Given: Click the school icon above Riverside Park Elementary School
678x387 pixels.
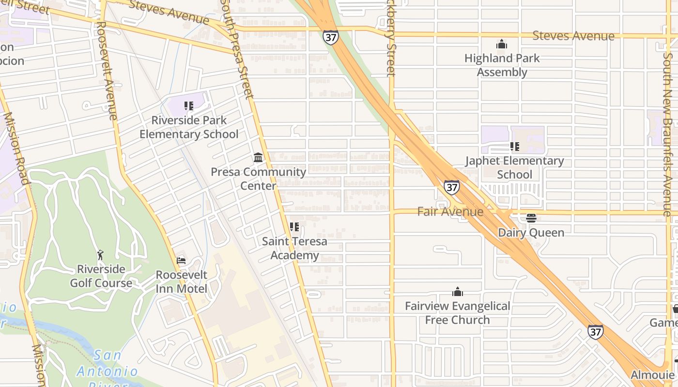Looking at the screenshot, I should coord(189,105).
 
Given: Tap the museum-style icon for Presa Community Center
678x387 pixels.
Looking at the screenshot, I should coord(258,158).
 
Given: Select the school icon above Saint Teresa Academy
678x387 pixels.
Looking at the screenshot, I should coord(294,226).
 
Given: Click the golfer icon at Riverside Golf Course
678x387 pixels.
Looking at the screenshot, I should coord(101,255).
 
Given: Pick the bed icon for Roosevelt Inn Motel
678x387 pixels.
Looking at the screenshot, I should coord(181,261).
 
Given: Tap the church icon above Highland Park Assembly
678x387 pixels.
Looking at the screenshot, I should coord(502,45).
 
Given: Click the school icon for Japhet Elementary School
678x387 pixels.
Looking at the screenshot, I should coord(514,146).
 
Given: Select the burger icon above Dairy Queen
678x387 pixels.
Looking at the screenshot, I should coord(531,218).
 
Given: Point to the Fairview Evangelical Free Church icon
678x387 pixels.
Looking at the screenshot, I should coord(458,292).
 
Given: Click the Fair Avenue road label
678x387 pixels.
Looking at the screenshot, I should coord(450,211).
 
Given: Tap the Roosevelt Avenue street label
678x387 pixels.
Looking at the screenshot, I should coord(107,70).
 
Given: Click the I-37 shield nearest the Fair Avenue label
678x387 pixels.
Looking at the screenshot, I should coord(451,187).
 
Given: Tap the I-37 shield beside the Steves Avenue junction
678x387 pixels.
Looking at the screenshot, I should coord(331,37).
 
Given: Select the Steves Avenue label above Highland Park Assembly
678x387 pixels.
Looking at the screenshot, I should coord(573,36).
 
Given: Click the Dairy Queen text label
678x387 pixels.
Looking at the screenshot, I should coord(531,233).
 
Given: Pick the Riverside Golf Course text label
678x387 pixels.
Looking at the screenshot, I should coord(101,276).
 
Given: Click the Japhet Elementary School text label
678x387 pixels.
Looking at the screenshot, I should coord(514,167).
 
